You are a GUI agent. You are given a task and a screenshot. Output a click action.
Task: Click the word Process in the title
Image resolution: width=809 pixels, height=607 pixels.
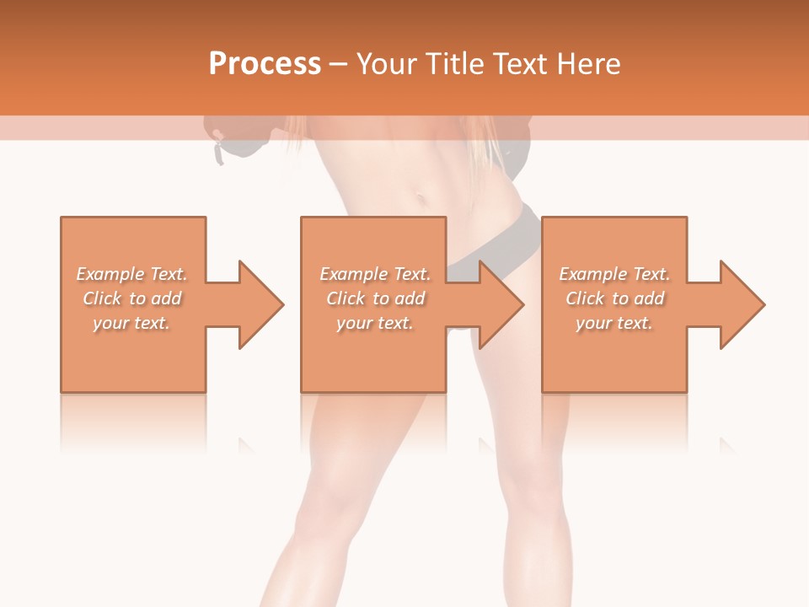(265, 64)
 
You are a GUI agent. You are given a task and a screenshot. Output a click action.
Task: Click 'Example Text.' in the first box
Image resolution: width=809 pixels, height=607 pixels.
(131, 274)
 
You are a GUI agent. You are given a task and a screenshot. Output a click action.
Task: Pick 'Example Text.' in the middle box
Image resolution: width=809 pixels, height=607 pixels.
(374, 274)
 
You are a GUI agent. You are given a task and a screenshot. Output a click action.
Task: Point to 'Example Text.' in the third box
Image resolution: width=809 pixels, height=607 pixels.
(614, 274)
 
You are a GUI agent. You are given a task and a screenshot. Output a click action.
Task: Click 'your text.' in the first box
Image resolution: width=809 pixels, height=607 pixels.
(131, 323)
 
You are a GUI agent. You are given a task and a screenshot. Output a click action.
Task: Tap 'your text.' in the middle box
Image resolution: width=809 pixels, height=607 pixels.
(374, 323)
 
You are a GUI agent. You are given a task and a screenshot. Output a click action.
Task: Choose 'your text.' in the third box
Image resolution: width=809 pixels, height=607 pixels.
(614, 323)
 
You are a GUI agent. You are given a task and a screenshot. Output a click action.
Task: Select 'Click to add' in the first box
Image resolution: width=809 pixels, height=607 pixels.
(131, 298)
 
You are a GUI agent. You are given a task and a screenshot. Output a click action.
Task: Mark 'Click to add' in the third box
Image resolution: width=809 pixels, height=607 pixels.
(614, 298)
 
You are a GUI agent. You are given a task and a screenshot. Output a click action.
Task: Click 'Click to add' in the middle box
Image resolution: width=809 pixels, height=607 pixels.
(374, 298)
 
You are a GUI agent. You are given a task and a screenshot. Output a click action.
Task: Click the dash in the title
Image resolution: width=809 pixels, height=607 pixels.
(339, 64)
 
